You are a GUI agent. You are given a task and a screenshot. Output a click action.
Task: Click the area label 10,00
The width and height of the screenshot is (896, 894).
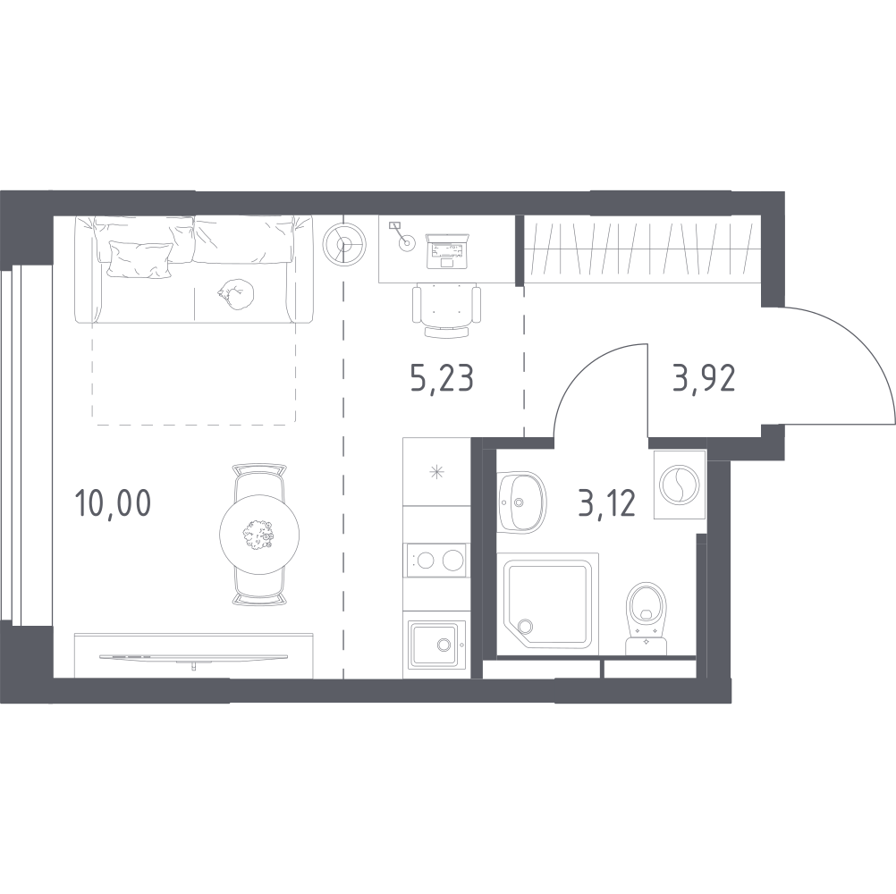(x=113, y=503)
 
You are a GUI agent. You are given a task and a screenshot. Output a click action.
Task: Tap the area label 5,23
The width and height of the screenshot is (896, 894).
(x=442, y=379)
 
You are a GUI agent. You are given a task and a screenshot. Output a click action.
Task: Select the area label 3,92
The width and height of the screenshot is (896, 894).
(x=704, y=379)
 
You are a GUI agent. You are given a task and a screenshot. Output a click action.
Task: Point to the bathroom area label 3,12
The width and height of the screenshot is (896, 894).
(x=606, y=503)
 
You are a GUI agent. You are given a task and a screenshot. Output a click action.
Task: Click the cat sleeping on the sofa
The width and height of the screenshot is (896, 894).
(x=235, y=293)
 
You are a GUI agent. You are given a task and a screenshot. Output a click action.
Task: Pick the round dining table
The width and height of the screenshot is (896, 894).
(x=260, y=535)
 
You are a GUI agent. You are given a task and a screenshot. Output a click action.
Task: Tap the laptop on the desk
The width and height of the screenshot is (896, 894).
(x=447, y=251)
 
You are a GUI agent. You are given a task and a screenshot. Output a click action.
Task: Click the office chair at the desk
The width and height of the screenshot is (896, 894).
(x=446, y=311)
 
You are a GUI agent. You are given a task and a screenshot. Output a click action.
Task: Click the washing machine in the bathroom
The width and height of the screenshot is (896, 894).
(x=679, y=485)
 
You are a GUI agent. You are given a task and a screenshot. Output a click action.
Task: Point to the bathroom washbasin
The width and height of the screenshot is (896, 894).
(x=520, y=502)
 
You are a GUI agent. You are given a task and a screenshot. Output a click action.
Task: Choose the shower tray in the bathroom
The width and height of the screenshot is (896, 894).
(x=547, y=603)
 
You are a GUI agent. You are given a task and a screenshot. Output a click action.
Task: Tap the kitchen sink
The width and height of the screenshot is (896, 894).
(x=436, y=643)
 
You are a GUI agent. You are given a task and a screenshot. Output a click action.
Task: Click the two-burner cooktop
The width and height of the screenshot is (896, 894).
(x=435, y=561)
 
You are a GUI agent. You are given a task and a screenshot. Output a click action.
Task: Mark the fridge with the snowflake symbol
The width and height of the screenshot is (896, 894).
(x=436, y=472)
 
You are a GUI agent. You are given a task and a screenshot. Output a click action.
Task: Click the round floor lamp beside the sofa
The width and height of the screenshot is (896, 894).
(x=343, y=244)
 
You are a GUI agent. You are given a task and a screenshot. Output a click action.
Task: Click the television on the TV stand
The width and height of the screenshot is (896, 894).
(x=194, y=657)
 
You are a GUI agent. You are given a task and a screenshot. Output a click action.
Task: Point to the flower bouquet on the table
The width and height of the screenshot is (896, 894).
(x=258, y=535)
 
